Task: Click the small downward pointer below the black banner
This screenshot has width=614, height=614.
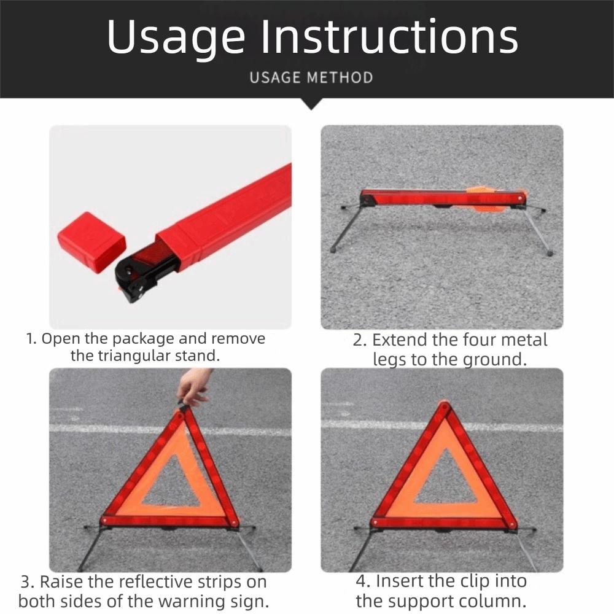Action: (312, 104)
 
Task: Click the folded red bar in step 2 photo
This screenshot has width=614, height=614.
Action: (442, 198)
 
